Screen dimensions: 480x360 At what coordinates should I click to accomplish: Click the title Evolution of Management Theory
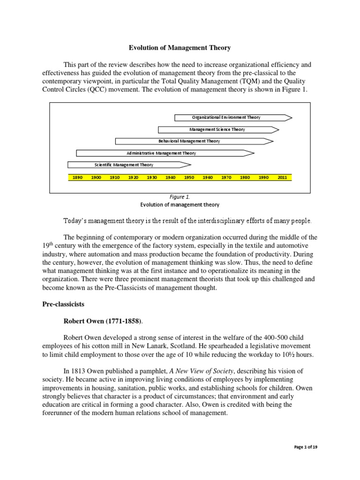(x=180, y=47)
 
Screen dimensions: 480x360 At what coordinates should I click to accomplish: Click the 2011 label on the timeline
(x=282, y=178)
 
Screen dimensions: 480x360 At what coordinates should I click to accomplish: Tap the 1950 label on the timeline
(x=189, y=178)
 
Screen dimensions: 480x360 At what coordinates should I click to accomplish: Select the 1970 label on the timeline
(x=226, y=178)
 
